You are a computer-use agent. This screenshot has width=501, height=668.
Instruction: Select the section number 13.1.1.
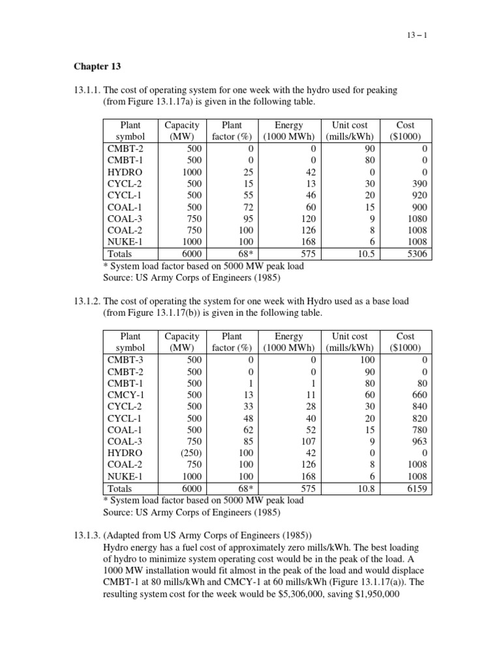coord(85,89)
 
